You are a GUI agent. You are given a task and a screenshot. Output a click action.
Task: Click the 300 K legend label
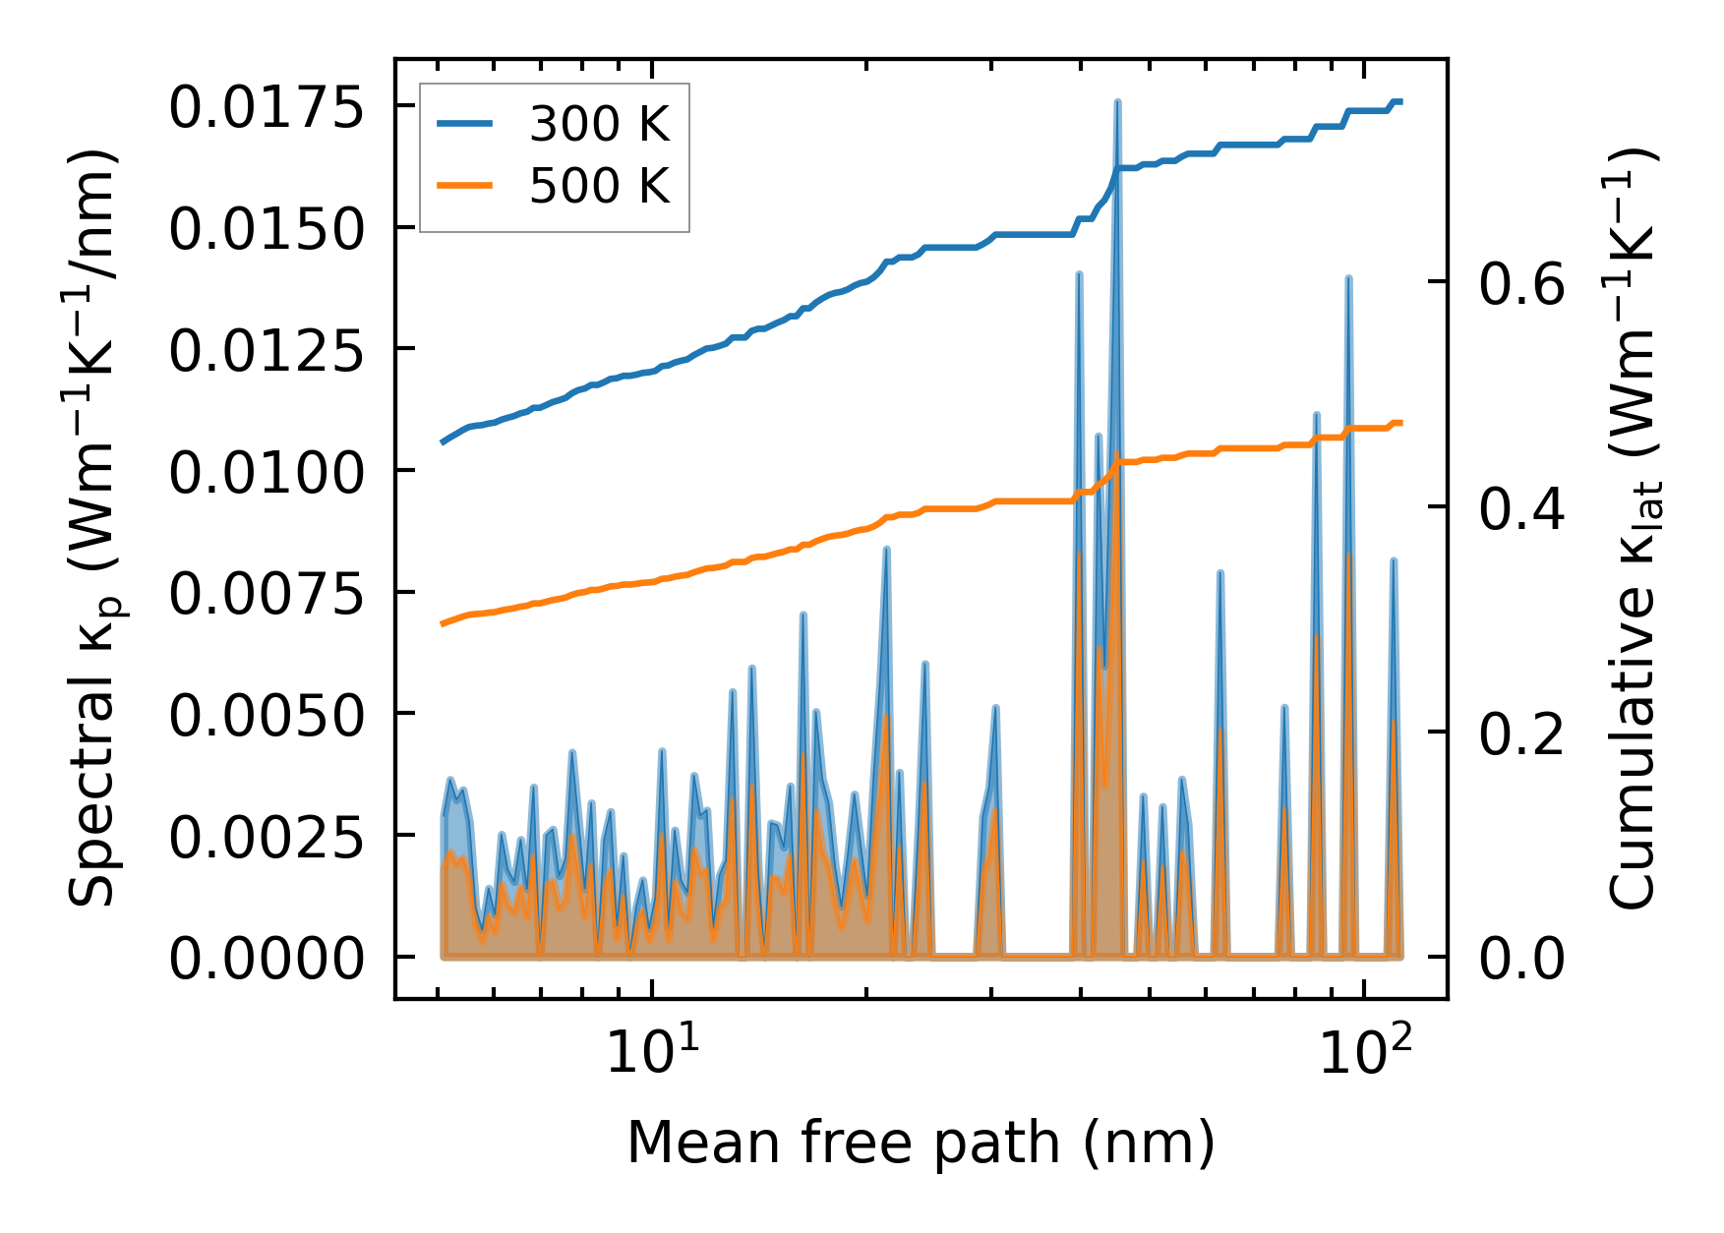click(x=599, y=125)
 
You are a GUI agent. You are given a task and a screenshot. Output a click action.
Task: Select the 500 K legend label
click(x=599, y=186)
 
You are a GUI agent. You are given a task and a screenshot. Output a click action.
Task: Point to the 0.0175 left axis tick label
click(x=267, y=107)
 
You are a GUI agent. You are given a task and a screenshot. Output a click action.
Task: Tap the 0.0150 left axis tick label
click(x=267, y=229)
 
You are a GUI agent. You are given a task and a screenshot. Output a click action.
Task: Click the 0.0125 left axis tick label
click(x=267, y=351)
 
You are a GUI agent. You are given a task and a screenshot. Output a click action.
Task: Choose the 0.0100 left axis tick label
click(x=267, y=473)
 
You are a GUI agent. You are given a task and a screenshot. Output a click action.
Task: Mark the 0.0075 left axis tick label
click(x=267, y=594)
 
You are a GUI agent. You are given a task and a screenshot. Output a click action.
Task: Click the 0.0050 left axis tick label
click(x=267, y=716)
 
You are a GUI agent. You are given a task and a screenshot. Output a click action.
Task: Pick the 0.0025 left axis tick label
click(x=267, y=838)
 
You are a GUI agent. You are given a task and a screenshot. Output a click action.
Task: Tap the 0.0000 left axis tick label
click(x=267, y=959)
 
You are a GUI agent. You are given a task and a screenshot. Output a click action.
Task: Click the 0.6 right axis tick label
click(x=1521, y=285)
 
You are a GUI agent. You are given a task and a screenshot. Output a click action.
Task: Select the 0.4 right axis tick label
click(x=1521, y=509)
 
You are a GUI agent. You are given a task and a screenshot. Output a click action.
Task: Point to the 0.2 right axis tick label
click(x=1521, y=734)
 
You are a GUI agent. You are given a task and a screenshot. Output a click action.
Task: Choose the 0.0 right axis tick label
click(x=1521, y=959)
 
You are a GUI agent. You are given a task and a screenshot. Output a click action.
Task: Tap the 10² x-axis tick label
click(x=1365, y=1052)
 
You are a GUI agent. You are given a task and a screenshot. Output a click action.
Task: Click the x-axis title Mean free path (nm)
click(x=921, y=1143)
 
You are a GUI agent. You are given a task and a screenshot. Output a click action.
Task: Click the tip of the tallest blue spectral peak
click(x=1117, y=101)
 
